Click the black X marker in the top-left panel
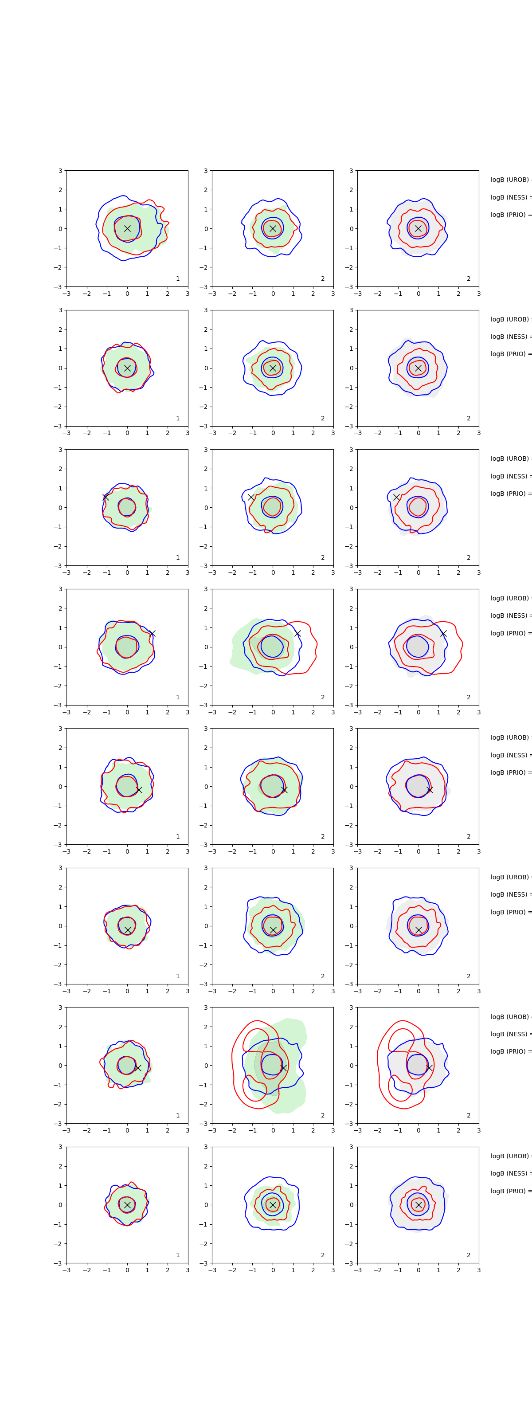127,228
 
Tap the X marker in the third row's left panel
106,498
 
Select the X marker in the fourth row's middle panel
297,634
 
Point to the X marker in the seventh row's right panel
429,1067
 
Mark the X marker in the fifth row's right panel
430,790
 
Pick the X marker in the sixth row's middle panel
273,930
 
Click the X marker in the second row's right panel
418,368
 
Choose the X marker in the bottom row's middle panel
273,1205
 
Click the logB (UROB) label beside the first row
510,180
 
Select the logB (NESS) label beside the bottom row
510,1173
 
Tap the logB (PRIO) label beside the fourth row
510,633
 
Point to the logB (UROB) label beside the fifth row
510,737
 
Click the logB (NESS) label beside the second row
510,337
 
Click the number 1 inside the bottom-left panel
177,1255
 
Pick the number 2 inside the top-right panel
469,279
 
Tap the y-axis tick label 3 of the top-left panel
61,171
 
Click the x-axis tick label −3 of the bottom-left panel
66,1270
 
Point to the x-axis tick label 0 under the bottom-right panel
418,1270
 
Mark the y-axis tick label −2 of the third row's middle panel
205,546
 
